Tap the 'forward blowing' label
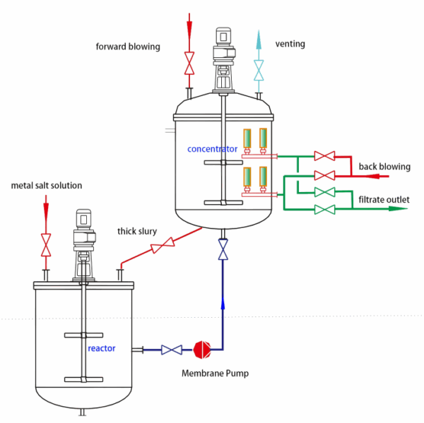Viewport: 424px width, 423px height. point(128,47)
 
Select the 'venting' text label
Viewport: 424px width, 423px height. point(290,44)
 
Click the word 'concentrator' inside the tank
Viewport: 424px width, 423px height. point(212,149)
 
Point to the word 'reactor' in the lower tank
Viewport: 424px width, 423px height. point(101,348)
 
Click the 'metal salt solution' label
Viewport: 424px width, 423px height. point(47,186)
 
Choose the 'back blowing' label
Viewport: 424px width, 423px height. point(384,167)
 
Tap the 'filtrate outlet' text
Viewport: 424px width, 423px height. point(383,200)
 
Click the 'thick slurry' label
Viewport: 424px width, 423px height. point(137,231)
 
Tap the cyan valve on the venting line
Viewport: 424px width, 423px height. point(259,69)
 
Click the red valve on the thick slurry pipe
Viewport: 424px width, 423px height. point(163,246)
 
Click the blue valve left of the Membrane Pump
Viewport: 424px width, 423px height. point(171,349)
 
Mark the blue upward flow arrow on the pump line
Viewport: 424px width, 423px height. point(223,303)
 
